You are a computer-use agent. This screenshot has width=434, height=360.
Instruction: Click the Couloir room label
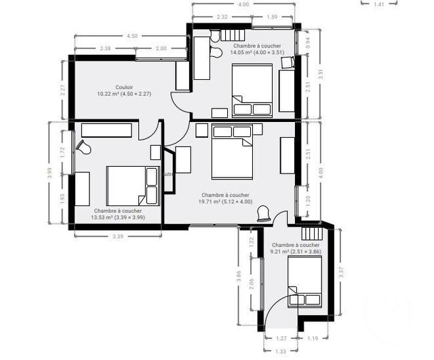pos(123,87)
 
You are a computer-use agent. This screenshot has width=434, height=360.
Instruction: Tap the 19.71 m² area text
pos(225,201)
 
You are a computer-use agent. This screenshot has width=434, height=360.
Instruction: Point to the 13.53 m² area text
pos(118,218)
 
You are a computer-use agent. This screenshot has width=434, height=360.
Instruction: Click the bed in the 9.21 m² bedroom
pos(304,282)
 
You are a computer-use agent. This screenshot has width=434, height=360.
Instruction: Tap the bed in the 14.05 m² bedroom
pos(252,90)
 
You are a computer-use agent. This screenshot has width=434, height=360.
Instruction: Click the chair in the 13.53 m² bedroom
pos(84,146)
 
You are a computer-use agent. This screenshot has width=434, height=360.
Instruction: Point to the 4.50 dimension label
pos(132,35)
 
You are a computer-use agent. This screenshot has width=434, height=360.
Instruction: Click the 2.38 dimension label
pos(105,49)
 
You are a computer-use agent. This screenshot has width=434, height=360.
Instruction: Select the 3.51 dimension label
pos(321,75)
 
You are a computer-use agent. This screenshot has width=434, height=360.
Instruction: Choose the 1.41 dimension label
pos(380,4)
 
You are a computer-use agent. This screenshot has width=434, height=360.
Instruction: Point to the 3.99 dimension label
pos(50,173)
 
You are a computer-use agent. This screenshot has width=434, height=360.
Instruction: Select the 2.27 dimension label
pos(63,88)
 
